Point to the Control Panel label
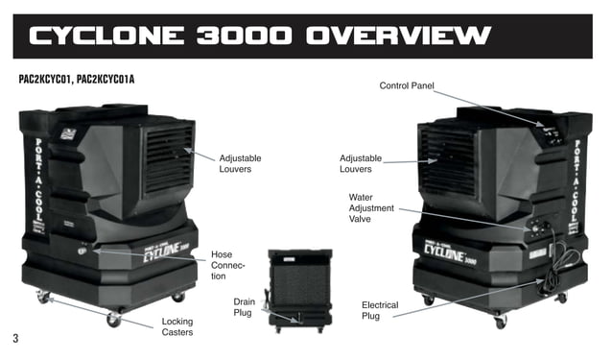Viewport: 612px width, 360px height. click(408, 86)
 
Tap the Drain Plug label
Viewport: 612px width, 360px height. click(244, 307)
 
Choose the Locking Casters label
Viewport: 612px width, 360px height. click(177, 327)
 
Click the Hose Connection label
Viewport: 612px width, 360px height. click(227, 265)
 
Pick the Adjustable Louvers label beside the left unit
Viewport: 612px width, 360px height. click(240, 163)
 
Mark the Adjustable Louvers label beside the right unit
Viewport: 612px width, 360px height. click(361, 163)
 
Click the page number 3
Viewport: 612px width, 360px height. click(15, 338)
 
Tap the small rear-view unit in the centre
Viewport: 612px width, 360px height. click(299, 288)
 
